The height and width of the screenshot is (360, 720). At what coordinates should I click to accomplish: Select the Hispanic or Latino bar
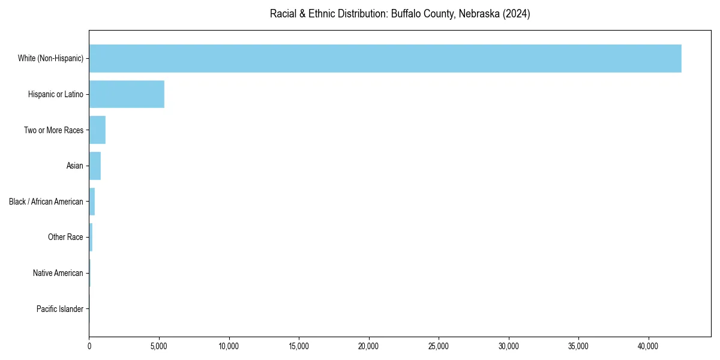click(x=127, y=94)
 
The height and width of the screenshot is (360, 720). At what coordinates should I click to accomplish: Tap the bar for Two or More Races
click(x=97, y=130)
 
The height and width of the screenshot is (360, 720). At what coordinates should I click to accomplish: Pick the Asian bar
click(x=95, y=166)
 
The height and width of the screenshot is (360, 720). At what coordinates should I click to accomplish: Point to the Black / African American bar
click(x=92, y=202)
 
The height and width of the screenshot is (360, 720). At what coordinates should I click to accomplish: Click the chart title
click(x=400, y=14)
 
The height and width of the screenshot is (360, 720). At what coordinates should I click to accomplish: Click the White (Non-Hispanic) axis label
click(x=50, y=58)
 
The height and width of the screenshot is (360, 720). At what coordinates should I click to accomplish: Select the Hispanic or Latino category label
click(x=56, y=94)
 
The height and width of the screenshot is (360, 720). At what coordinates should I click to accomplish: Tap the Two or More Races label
click(x=53, y=130)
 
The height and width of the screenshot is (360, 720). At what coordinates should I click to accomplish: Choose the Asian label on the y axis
click(x=75, y=166)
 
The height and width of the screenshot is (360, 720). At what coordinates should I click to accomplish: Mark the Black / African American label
click(x=46, y=202)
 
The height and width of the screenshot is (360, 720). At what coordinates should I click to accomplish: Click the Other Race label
click(x=65, y=237)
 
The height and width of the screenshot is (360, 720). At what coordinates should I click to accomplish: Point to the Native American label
click(x=58, y=273)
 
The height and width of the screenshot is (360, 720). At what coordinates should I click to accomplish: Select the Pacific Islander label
click(x=60, y=309)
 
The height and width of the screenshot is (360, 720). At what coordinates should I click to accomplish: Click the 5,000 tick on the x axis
click(x=159, y=346)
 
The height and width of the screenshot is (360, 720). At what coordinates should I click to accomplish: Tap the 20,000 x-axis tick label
click(x=368, y=346)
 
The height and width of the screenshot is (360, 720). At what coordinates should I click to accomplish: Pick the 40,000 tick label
click(x=649, y=346)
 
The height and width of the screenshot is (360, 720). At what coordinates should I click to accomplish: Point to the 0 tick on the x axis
click(x=89, y=346)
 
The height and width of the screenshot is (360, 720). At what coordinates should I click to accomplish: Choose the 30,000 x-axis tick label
click(x=509, y=346)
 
